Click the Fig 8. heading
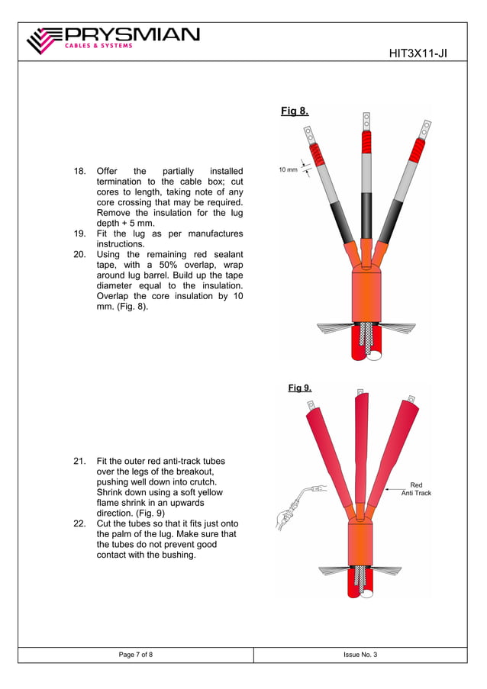coord(295,111)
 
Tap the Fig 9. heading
coord(299,388)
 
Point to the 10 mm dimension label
coord(287,169)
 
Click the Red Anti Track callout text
coord(416,489)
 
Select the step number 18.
coord(79,171)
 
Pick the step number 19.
coord(79,233)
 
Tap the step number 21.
coord(79,462)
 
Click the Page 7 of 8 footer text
coord(135,655)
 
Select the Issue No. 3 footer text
coord(360,655)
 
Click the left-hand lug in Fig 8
coord(310,137)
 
